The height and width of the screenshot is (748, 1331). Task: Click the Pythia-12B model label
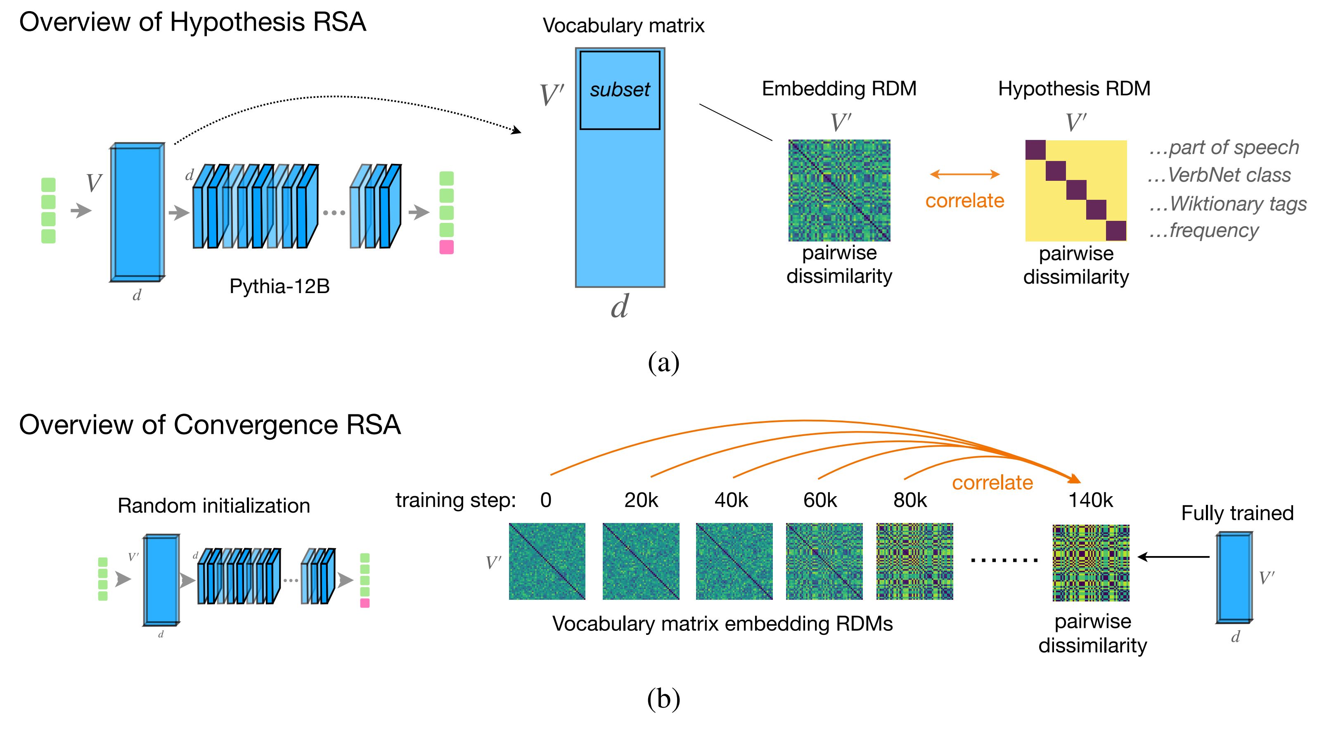(279, 286)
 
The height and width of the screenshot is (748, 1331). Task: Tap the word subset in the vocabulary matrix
(620, 90)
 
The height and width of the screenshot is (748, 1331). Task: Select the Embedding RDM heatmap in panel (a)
(839, 190)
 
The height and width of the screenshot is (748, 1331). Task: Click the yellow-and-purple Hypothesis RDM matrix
(1076, 190)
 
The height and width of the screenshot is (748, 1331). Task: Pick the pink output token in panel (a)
(446, 247)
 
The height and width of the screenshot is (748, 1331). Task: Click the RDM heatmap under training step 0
(547, 561)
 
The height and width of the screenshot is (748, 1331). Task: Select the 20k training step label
(641, 500)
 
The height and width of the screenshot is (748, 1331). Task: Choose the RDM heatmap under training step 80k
(914, 561)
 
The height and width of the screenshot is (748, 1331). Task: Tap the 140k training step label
(1090, 500)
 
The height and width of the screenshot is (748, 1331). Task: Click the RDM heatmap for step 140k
(1091, 563)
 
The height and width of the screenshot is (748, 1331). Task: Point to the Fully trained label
(1237, 513)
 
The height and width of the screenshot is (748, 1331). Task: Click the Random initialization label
(214, 506)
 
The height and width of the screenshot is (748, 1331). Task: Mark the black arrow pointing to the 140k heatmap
(1173, 557)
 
